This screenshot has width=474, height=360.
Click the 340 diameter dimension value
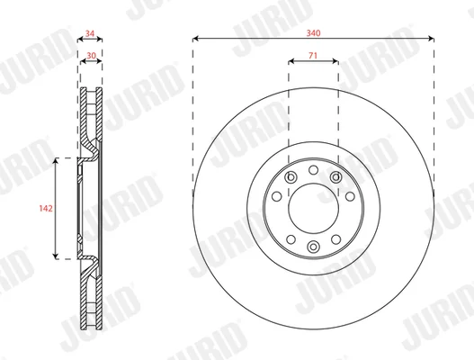[x=313, y=32]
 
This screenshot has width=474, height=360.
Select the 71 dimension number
[x=313, y=56]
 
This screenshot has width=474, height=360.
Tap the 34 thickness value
[x=90, y=33]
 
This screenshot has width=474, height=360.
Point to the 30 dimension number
[x=92, y=56]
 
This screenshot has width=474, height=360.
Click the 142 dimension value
[x=46, y=208]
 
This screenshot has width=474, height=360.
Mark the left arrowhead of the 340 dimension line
[x=195, y=39]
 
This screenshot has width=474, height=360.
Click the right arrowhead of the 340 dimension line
[x=432, y=39]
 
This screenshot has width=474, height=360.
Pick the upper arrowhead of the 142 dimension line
[x=56, y=160]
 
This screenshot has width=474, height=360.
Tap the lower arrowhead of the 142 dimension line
[x=56, y=256]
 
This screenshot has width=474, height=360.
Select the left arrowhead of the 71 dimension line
[x=291, y=61]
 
